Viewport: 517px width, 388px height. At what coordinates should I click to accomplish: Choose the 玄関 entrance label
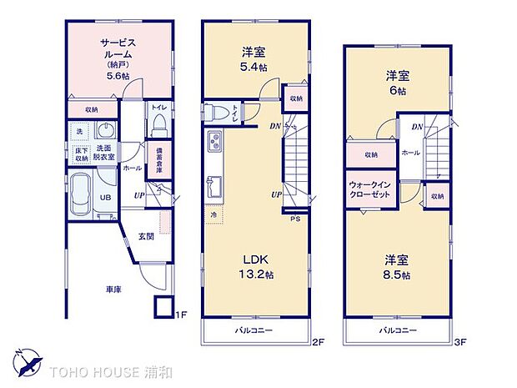point(145,237)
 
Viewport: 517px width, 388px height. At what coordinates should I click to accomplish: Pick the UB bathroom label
point(106,197)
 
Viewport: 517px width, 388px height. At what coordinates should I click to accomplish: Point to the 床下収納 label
point(81,154)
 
